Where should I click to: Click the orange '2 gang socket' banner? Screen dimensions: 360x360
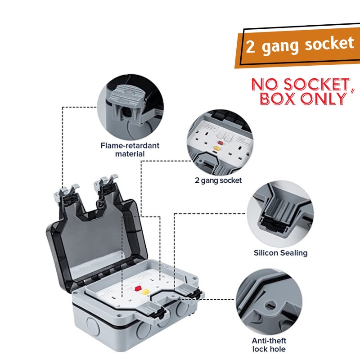299,45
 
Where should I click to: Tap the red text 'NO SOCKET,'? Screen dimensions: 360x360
301,84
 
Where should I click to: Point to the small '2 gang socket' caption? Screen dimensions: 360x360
218,180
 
